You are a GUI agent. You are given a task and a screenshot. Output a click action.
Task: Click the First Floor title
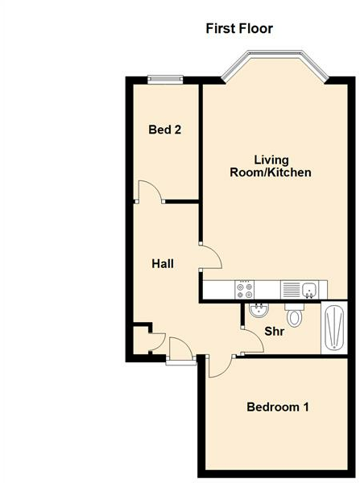pos(240,29)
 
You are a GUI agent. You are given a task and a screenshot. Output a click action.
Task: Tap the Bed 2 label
pos(164,129)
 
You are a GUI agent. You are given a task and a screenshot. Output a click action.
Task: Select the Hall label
pos(163,263)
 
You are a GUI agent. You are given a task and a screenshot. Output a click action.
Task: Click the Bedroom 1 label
pos(278,407)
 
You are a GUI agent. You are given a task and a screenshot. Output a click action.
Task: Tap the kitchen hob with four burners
pos(244,288)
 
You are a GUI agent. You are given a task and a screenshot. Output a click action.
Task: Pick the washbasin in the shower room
pos(259,311)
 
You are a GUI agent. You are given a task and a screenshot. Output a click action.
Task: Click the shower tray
pos(332,328)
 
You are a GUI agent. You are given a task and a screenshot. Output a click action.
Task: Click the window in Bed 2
pos(165,78)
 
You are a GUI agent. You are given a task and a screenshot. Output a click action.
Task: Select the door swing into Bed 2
pos(148,192)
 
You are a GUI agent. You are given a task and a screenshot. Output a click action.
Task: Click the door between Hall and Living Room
pos(211,258)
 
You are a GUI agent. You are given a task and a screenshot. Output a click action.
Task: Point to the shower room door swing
pos(251,342)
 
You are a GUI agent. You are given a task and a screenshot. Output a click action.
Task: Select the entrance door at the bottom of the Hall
pos(181,351)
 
